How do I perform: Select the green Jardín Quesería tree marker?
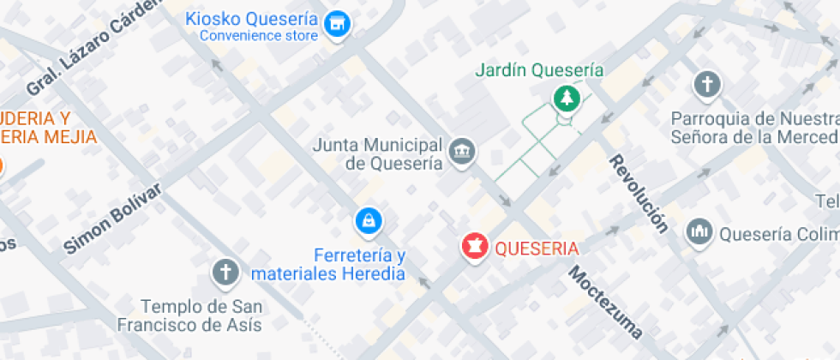[x=566, y=98]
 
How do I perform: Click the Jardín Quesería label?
[x=540, y=70]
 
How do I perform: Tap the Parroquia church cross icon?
[x=706, y=84]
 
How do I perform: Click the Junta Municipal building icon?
[x=463, y=152]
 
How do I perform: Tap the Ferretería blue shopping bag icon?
[x=368, y=221]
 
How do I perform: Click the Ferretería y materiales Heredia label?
[x=327, y=264]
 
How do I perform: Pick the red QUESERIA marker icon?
[x=474, y=247]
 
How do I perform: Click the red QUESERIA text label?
[x=537, y=248]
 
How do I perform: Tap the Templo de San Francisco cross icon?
[x=225, y=273]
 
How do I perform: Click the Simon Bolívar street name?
[x=112, y=219]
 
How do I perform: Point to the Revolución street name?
[x=639, y=195]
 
